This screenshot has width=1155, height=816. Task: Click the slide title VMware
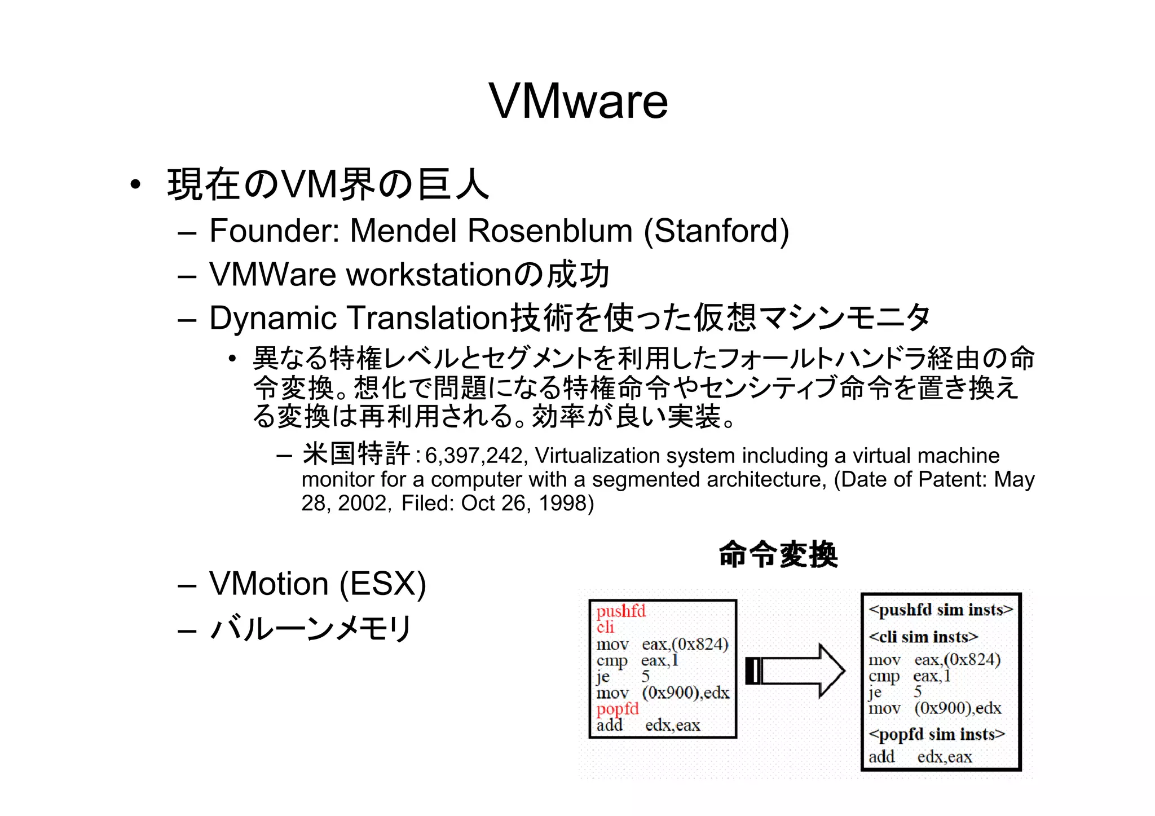[578, 101]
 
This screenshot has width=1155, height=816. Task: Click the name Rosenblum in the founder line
[550, 231]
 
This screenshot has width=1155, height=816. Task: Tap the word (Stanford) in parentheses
[716, 231]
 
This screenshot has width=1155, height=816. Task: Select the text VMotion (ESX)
[318, 584]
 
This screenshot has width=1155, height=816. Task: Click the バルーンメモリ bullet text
[311, 628]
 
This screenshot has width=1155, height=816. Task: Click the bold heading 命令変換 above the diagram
[778, 554]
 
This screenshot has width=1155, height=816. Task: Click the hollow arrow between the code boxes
[795, 671]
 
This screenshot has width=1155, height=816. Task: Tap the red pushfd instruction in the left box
[621, 611]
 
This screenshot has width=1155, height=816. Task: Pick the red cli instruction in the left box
[605, 627]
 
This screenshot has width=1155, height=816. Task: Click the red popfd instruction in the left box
[618, 709]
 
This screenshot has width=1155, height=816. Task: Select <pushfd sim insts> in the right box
[941, 610]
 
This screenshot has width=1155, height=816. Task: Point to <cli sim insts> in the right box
[923, 637]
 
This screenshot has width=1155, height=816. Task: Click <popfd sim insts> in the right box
[937, 734]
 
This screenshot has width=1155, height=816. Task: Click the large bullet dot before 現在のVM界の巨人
[134, 185]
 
